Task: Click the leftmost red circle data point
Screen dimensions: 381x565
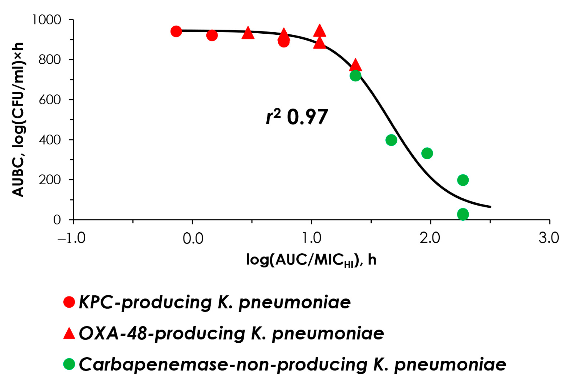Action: [176, 31]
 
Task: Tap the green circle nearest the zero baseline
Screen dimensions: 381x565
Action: [463, 214]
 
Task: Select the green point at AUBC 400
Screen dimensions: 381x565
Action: [391, 140]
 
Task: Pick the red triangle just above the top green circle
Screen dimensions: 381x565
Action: [355, 65]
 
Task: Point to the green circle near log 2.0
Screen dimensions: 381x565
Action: [427, 153]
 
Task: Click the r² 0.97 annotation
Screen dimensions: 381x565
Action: [297, 117]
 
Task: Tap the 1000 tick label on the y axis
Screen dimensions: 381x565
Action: [46, 20]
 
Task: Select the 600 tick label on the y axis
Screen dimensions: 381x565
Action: [49, 100]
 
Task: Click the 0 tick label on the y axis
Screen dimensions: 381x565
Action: [57, 220]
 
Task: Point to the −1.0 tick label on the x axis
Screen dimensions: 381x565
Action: [71, 238]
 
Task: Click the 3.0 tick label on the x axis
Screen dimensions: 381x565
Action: [549, 238]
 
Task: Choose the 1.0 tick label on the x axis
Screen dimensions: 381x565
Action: [311, 238]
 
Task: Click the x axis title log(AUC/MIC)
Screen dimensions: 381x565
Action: [311, 260]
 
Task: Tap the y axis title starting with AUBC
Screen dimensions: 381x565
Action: [18, 119]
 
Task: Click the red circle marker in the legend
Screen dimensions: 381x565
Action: [69, 302]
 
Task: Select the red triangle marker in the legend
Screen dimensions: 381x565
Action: [69, 333]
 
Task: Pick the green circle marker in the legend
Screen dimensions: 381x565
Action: [69, 364]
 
